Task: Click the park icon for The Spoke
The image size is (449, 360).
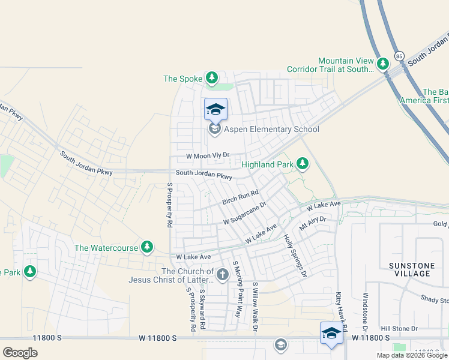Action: pyautogui.click(x=211, y=78)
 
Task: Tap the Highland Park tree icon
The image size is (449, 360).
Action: pyautogui.click(x=303, y=164)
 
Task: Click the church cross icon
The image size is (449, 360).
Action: pyautogui.click(x=223, y=275)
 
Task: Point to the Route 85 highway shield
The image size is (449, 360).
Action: pyautogui.click(x=400, y=56)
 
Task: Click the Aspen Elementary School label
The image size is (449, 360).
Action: pyautogui.click(x=271, y=129)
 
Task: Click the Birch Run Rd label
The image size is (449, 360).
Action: pyautogui.click(x=240, y=197)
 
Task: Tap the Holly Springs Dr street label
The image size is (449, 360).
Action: pyautogui.click(x=295, y=255)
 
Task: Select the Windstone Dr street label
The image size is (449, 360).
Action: pyautogui.click(x=365, y=313)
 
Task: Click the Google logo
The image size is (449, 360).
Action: pyautogui.click(x=19, y=353)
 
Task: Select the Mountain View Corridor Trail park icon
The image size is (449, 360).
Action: pyautogui.click(x=383, y=62)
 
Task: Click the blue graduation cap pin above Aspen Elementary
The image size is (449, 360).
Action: pyautogui.click(x=215, y=109)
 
